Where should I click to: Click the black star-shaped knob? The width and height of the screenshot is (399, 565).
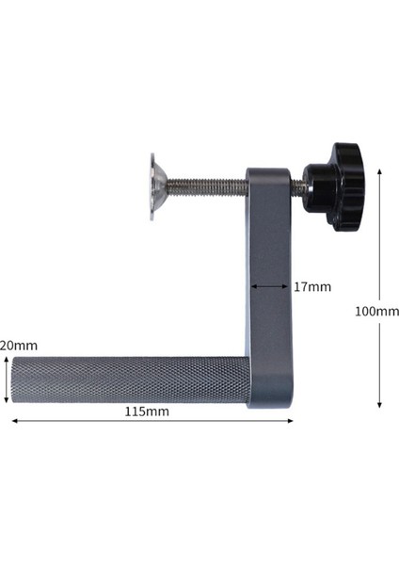[x=336, y=186]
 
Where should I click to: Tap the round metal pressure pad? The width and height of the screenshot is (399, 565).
[x=154, y=188]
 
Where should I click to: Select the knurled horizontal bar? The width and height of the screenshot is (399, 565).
[x=132, y=380]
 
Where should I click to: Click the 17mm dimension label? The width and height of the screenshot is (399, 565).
[x=312, y=286]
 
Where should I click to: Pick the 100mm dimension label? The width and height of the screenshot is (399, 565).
[x=377, y=311]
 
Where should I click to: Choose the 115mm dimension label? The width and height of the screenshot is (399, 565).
[x=147, y=412]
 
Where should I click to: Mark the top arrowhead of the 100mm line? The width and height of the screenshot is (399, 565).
[x=379, y=172]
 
